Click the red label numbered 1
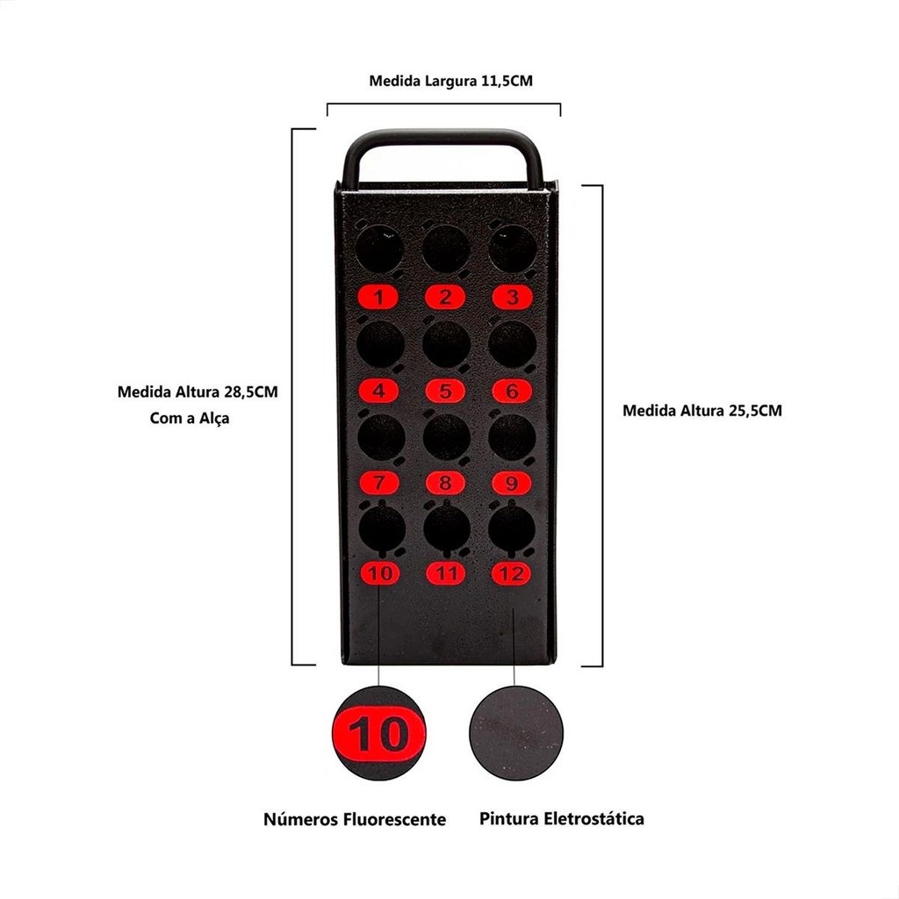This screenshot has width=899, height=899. [378, 298]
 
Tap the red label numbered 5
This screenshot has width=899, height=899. [446, 391]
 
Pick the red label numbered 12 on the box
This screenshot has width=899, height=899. [512, 574]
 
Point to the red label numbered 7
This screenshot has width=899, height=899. [378, 482]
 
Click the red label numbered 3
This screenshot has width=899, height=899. [513, 298]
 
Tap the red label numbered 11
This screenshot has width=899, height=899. [447, 574]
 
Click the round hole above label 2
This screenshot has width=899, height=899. [446, 249]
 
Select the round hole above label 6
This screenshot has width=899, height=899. [513, 344]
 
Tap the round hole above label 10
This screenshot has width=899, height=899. [381, 529]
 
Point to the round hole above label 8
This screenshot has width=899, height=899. [446, 437]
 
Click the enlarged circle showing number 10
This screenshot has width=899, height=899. [378, 733]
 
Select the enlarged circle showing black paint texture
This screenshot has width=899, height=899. [516, 733]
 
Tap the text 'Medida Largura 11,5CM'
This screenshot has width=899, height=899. [451, 82]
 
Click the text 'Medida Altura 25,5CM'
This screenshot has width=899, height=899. [701, 410]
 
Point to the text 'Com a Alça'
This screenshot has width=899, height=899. [190, 419]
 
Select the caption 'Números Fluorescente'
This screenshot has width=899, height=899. [355, 820]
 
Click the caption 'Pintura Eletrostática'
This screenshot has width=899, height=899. [562, 819]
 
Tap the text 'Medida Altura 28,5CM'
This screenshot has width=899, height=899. [198, 392]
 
